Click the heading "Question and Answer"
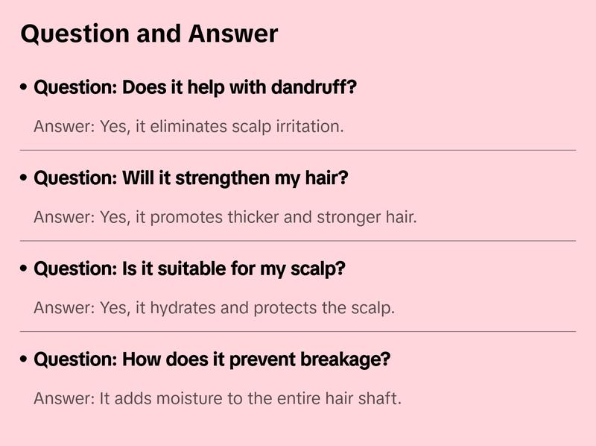(x=149, y=34)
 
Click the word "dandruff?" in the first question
(x=314, y=88)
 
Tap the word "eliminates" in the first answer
(x=187, y=126)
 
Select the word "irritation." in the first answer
(x=309, y=126)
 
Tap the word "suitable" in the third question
(x=185, y=269)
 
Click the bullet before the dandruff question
(x=25, y=88)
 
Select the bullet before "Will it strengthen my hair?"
(x=25, y=179)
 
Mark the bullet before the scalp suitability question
(x=25, y=269)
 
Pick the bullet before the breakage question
(x=25, y=359)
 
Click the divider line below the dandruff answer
(x=298, y=150)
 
